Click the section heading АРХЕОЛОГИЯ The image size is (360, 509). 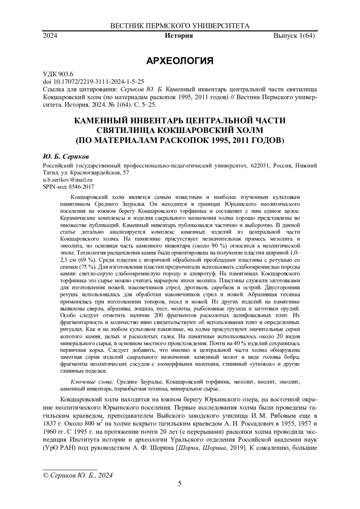(180, 61)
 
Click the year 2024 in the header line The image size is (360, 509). (50, 36)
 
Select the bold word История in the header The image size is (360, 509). (179, 36)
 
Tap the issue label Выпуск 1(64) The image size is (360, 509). (294, 36)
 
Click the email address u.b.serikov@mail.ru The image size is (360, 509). (68, 180)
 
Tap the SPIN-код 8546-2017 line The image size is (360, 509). (69, 187)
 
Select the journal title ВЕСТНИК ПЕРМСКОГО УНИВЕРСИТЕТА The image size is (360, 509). (180, 26)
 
